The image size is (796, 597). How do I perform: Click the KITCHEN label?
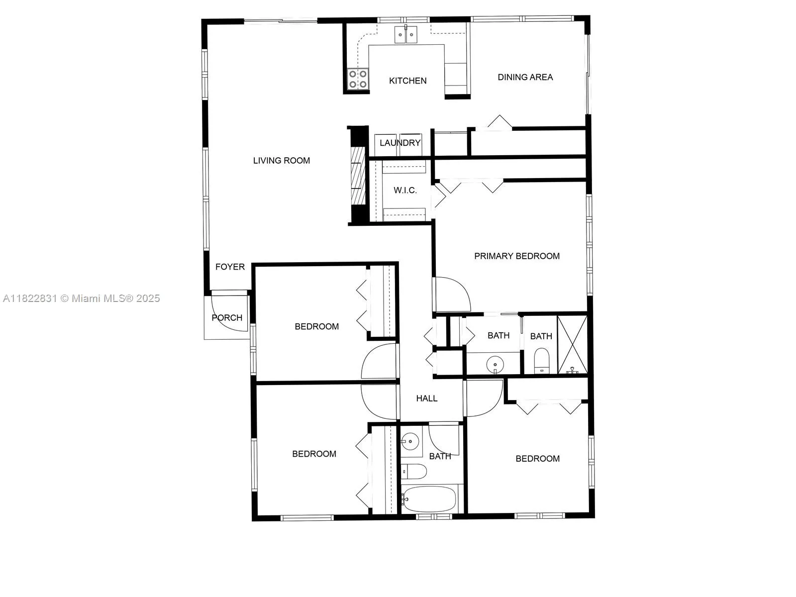(x=407, y=81)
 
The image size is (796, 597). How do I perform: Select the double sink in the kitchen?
(x=406, y=35)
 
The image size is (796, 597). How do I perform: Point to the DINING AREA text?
(x=525, y=77)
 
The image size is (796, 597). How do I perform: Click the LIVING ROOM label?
(x=282, y=160)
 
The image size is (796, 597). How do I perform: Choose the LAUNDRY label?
(x=400, y=143)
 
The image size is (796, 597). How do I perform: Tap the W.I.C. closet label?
(x=405, y=190)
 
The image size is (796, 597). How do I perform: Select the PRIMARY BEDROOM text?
(x=517, y=256)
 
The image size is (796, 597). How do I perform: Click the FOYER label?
(x=230, y=267)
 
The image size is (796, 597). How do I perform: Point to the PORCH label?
(x=227, y=317)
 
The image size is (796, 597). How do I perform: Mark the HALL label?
(x=427, y=398)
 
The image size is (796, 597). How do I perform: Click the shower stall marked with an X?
(x=573, y=344)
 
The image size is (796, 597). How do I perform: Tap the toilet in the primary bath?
(x=541, y=361)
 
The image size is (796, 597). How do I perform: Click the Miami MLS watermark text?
(x=81, y=298)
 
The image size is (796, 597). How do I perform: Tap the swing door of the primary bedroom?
(x=452, y=295)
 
